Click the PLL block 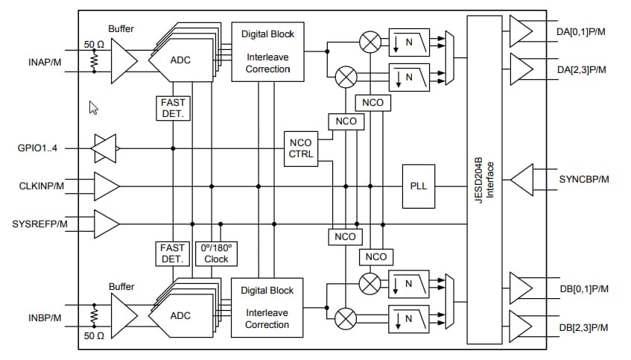(419, 186)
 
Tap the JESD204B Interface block (485, 180)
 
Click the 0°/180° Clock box (216, 253)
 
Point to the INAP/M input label (39, 61)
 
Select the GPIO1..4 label (37, 148)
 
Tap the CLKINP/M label (40, 186)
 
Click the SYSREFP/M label (39, 223)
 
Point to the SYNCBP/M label (583, 180)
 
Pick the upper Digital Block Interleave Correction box (267, 51)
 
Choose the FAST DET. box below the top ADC (172, 109)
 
